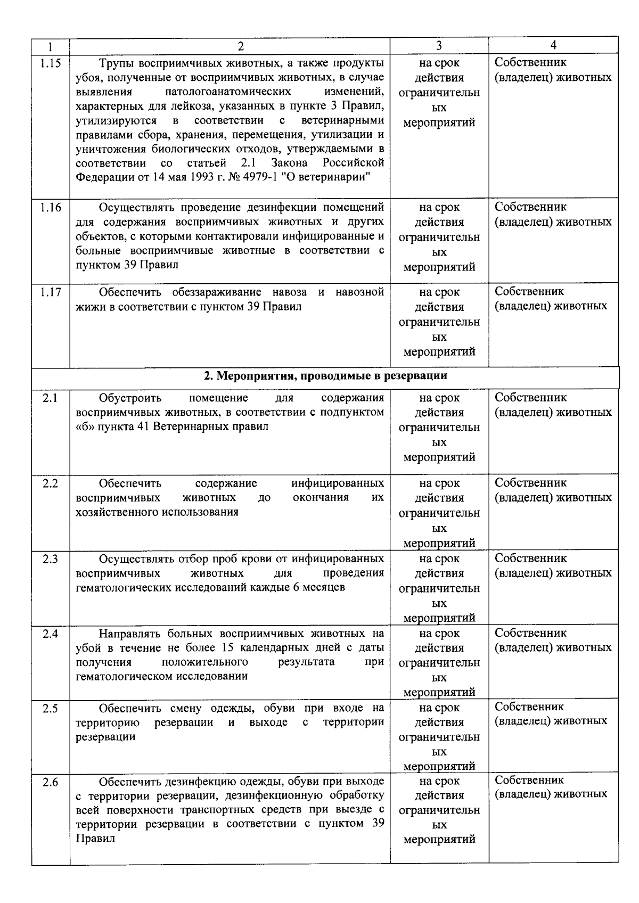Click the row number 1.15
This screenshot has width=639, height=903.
51,63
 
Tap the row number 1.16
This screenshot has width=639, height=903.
51,208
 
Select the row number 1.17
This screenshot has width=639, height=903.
51,292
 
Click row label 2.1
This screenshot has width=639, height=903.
51,398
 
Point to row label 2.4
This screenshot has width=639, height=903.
51,634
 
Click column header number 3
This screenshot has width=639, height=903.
439,46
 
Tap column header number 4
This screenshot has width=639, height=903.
553,46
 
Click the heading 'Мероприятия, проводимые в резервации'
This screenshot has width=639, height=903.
325,376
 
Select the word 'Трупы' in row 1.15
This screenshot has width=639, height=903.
116,63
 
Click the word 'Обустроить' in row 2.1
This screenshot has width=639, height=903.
130,398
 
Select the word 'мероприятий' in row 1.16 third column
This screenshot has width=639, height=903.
439,267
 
